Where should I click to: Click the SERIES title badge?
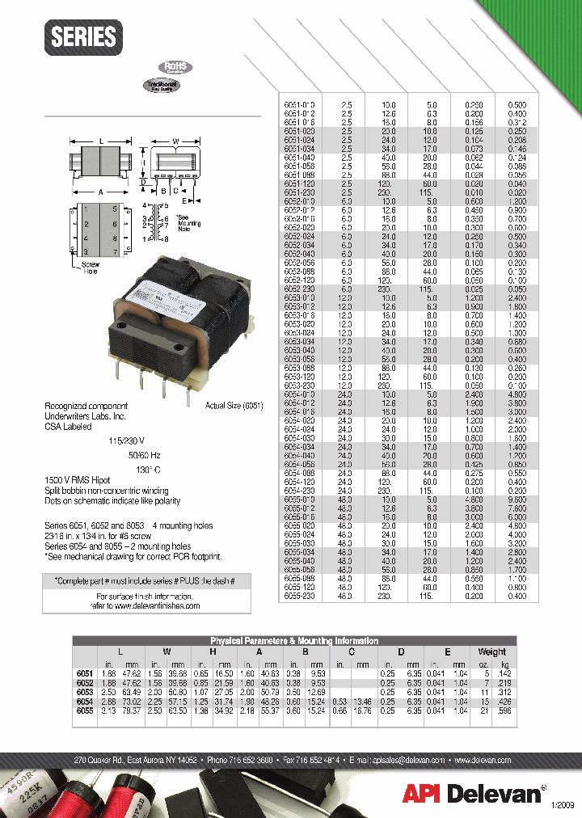coord(84,36)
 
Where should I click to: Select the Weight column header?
coord(491,651)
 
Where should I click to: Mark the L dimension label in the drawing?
coord(100,141)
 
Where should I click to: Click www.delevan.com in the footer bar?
coord(481,761)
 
